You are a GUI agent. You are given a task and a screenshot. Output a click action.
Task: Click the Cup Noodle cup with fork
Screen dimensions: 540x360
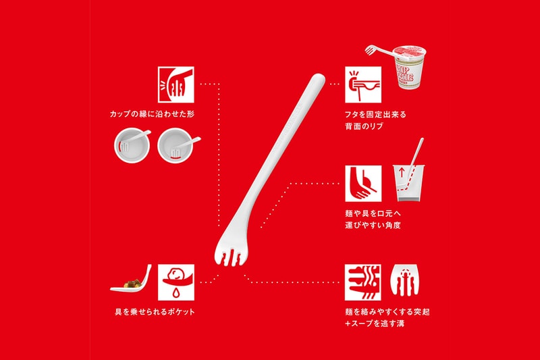point(400,67)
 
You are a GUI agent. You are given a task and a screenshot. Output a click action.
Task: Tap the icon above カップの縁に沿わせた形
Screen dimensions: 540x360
point(176,84)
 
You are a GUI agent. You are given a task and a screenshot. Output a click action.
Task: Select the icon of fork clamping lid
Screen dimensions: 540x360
point(363,84)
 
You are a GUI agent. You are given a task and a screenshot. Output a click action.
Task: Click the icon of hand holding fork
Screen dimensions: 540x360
point(363,183)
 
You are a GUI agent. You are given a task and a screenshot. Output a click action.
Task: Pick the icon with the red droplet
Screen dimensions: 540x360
point(176,282)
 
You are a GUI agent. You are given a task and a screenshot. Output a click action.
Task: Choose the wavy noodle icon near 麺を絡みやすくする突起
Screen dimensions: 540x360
point(363,282)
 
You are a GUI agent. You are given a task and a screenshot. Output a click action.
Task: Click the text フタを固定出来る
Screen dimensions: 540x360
point(375,114)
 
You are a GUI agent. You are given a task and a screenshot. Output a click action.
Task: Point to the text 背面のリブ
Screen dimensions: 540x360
point(364,126)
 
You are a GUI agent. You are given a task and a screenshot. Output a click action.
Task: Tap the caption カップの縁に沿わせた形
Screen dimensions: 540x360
point(152,114)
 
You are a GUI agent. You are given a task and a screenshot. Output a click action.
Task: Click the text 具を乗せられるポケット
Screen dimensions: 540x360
point(155,312)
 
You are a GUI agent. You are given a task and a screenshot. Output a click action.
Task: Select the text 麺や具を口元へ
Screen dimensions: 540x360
point(373,213)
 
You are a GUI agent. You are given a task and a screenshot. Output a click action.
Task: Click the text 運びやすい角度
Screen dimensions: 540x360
point(373,226)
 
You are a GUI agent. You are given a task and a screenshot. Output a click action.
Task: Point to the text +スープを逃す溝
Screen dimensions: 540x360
point(375,324)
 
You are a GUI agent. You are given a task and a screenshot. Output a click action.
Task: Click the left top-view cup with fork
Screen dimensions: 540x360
point(132,145)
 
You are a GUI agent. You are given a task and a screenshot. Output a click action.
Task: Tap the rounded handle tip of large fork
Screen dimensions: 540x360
point(319,79)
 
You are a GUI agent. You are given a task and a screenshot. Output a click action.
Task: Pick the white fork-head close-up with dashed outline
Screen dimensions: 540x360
point(405,280)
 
